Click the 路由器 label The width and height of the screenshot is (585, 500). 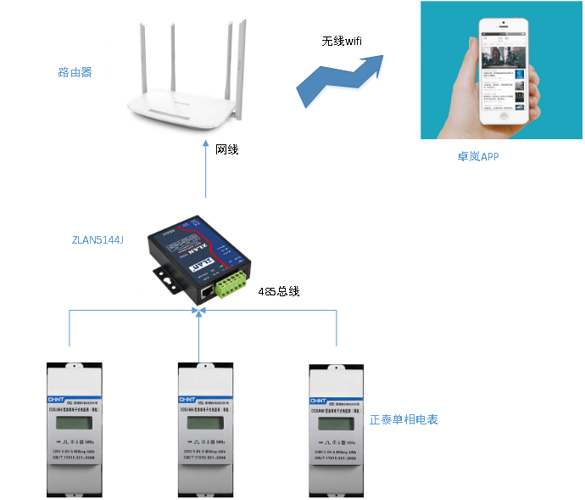click(x=75, y=73)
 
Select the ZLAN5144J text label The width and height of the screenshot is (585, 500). click(x=98, y=240)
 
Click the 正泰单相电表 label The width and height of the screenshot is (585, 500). click(x=404, y=419)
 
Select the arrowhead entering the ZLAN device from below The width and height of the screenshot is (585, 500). click(x=199, y=312)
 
